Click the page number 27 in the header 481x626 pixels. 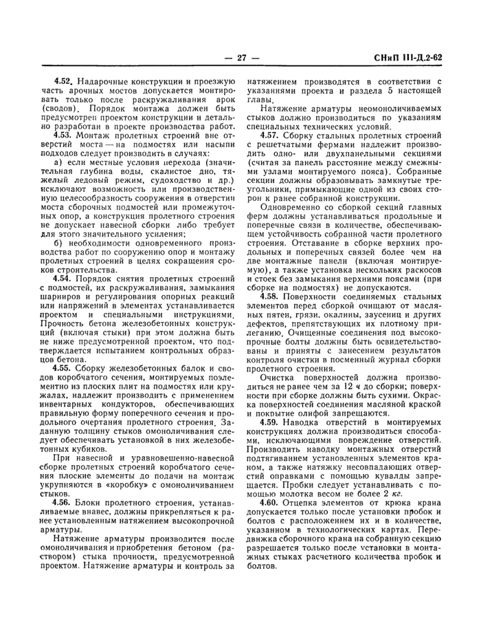point(240,57)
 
